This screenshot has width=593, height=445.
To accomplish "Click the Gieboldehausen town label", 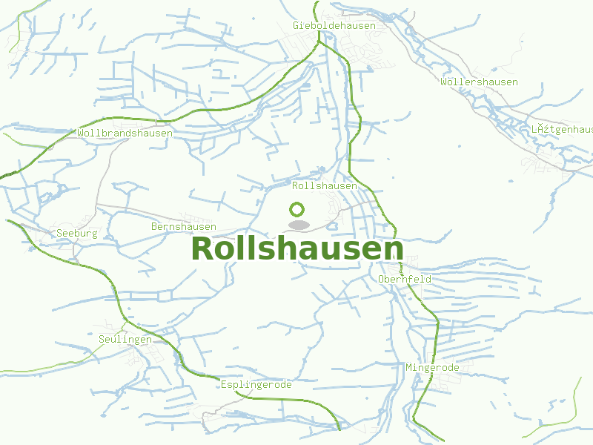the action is click(334, 25).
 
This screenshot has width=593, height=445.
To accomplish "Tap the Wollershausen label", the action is click(479, 82).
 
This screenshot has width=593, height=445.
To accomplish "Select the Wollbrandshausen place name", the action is click(125, 133).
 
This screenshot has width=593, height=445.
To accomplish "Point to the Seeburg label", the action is click(77, 233).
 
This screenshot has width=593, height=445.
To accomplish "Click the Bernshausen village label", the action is click(184, 226).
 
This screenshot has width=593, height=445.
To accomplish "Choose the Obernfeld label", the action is click(405, 279).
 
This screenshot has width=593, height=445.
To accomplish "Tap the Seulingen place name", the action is click(125, 339).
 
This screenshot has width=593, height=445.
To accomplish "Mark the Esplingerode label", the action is click(256, 385).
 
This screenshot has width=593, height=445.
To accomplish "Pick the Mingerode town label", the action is click(432, 367).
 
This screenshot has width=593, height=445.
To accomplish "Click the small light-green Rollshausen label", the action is click(325, 185).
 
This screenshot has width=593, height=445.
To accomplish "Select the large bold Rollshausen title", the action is click(297, 249).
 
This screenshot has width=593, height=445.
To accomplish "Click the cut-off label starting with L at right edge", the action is click(562, 129).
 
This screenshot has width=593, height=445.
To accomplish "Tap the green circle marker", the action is click(297, 209).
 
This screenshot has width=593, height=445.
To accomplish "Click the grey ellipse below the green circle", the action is click(298, 225).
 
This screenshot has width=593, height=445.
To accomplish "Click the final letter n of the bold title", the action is click(394, 251).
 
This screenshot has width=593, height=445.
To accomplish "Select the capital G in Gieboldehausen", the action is click(296, 25).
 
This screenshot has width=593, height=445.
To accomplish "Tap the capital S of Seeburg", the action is click(59, 233).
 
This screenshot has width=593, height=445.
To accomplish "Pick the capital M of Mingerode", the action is click(408, 367).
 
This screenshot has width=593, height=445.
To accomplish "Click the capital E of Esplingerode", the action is click(224, 385).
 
